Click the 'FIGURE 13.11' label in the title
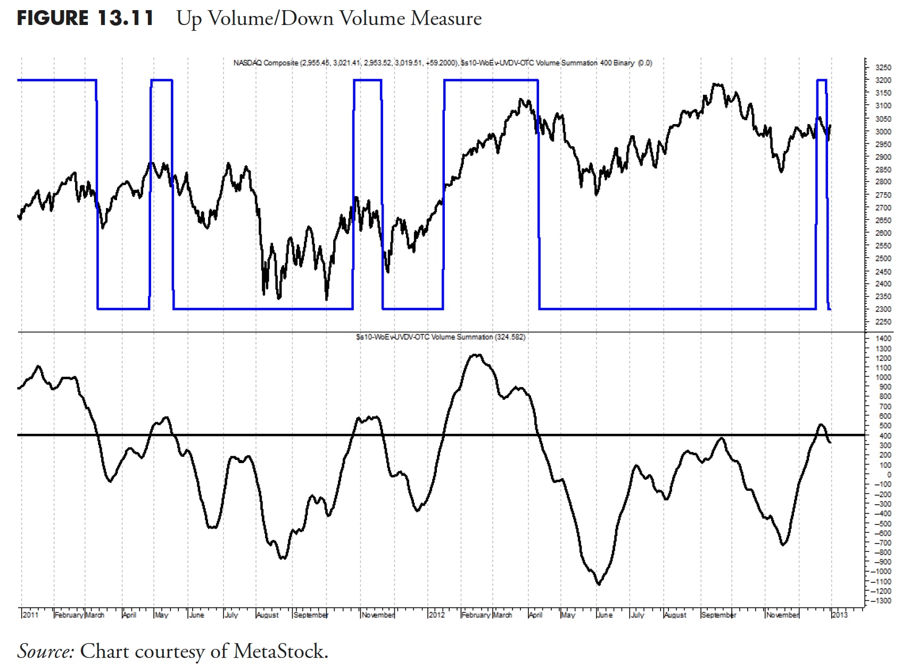(85, 19)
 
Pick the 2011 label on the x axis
(31, 615)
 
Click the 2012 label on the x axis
(436, 615)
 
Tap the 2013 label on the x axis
(840, 615)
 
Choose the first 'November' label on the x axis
(378, 615)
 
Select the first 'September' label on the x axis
(311, 615)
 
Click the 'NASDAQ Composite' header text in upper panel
(266, 63)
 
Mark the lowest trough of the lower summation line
(599, 584)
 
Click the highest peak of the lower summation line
(477, 355)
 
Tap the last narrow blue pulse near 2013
(822, 80)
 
